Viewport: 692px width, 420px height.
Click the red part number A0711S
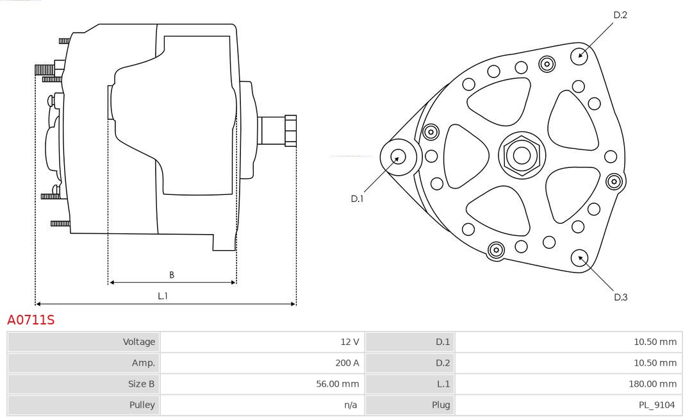31,319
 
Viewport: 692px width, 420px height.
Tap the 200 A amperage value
347,363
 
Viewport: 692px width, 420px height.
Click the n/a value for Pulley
350,405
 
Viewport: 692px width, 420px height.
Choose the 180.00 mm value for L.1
652,384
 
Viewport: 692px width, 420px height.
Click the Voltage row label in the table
138,342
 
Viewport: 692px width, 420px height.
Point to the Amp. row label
143,363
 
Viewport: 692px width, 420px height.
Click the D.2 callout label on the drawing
620,15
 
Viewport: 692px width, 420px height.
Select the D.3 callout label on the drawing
620,297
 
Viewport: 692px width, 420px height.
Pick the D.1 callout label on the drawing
357,199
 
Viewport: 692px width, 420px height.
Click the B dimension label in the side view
171,274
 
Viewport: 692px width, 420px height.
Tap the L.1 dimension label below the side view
163,296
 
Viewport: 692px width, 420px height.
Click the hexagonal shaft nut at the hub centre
522,155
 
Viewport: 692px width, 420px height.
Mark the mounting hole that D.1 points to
398,156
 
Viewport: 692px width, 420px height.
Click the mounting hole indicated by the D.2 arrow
579,55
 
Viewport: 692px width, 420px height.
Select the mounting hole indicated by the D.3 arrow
579,258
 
